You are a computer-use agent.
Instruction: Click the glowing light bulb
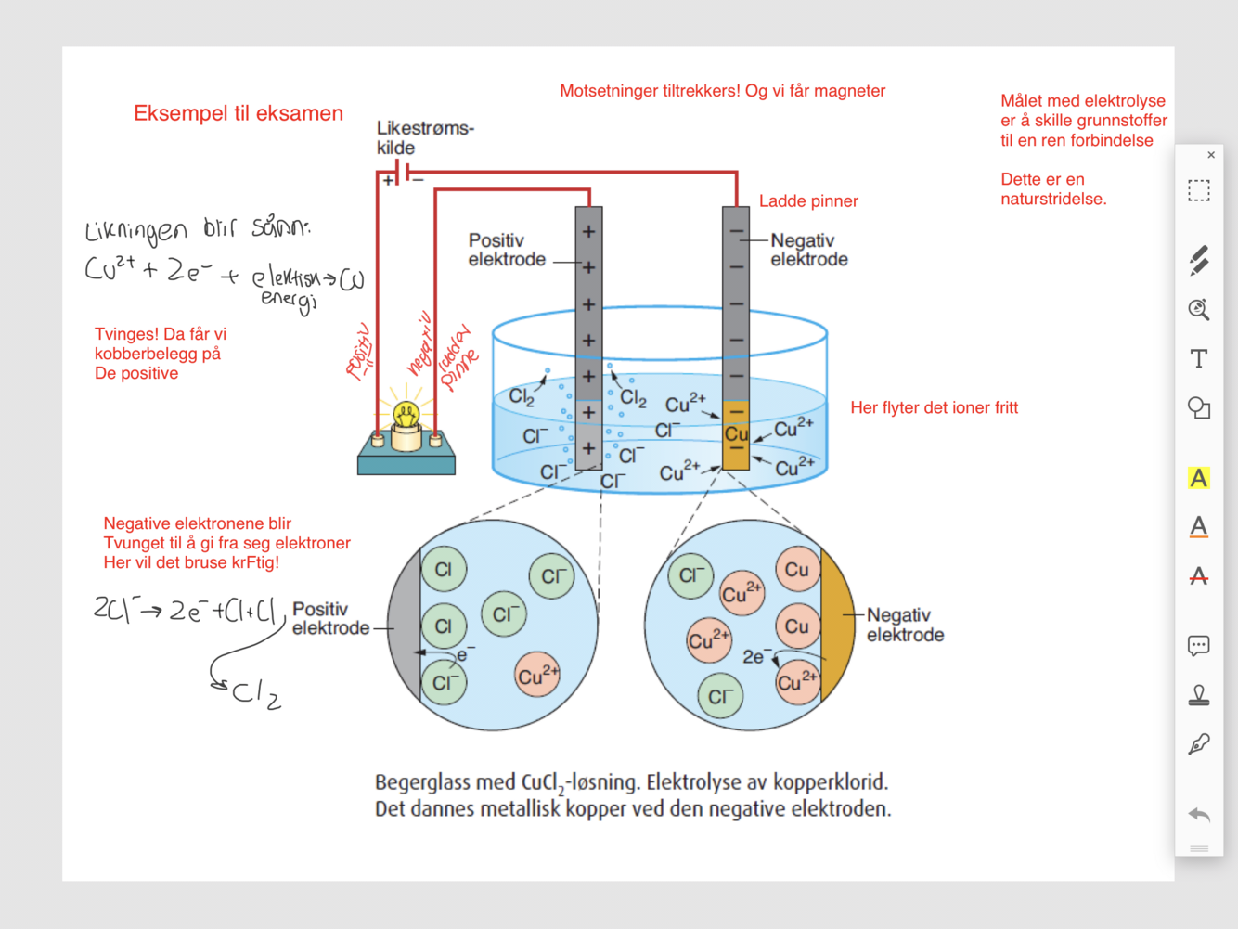coord(406,416)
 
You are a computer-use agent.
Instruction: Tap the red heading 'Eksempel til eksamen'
coord(239,113)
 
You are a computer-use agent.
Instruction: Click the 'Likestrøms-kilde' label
coord(424,137)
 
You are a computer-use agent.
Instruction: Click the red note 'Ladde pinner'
coord(808,201)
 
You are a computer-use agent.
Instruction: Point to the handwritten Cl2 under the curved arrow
coord(255,694)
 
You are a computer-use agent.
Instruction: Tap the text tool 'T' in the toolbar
coord(1199,359)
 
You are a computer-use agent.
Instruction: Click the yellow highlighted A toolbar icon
coord(1199,478)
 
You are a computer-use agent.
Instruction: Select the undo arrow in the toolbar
coord(1199,815)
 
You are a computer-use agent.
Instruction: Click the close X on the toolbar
coord(1211,155)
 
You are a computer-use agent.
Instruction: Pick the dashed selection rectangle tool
coord(1199,191)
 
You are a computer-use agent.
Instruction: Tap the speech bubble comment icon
coord(1199,646)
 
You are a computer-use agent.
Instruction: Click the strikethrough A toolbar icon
coord(1199,576)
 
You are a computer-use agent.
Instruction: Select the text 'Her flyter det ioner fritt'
coord(934,407)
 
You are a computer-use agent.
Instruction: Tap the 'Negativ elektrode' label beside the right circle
coord(905,625)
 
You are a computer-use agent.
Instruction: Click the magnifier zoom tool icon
coord(1199,310)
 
